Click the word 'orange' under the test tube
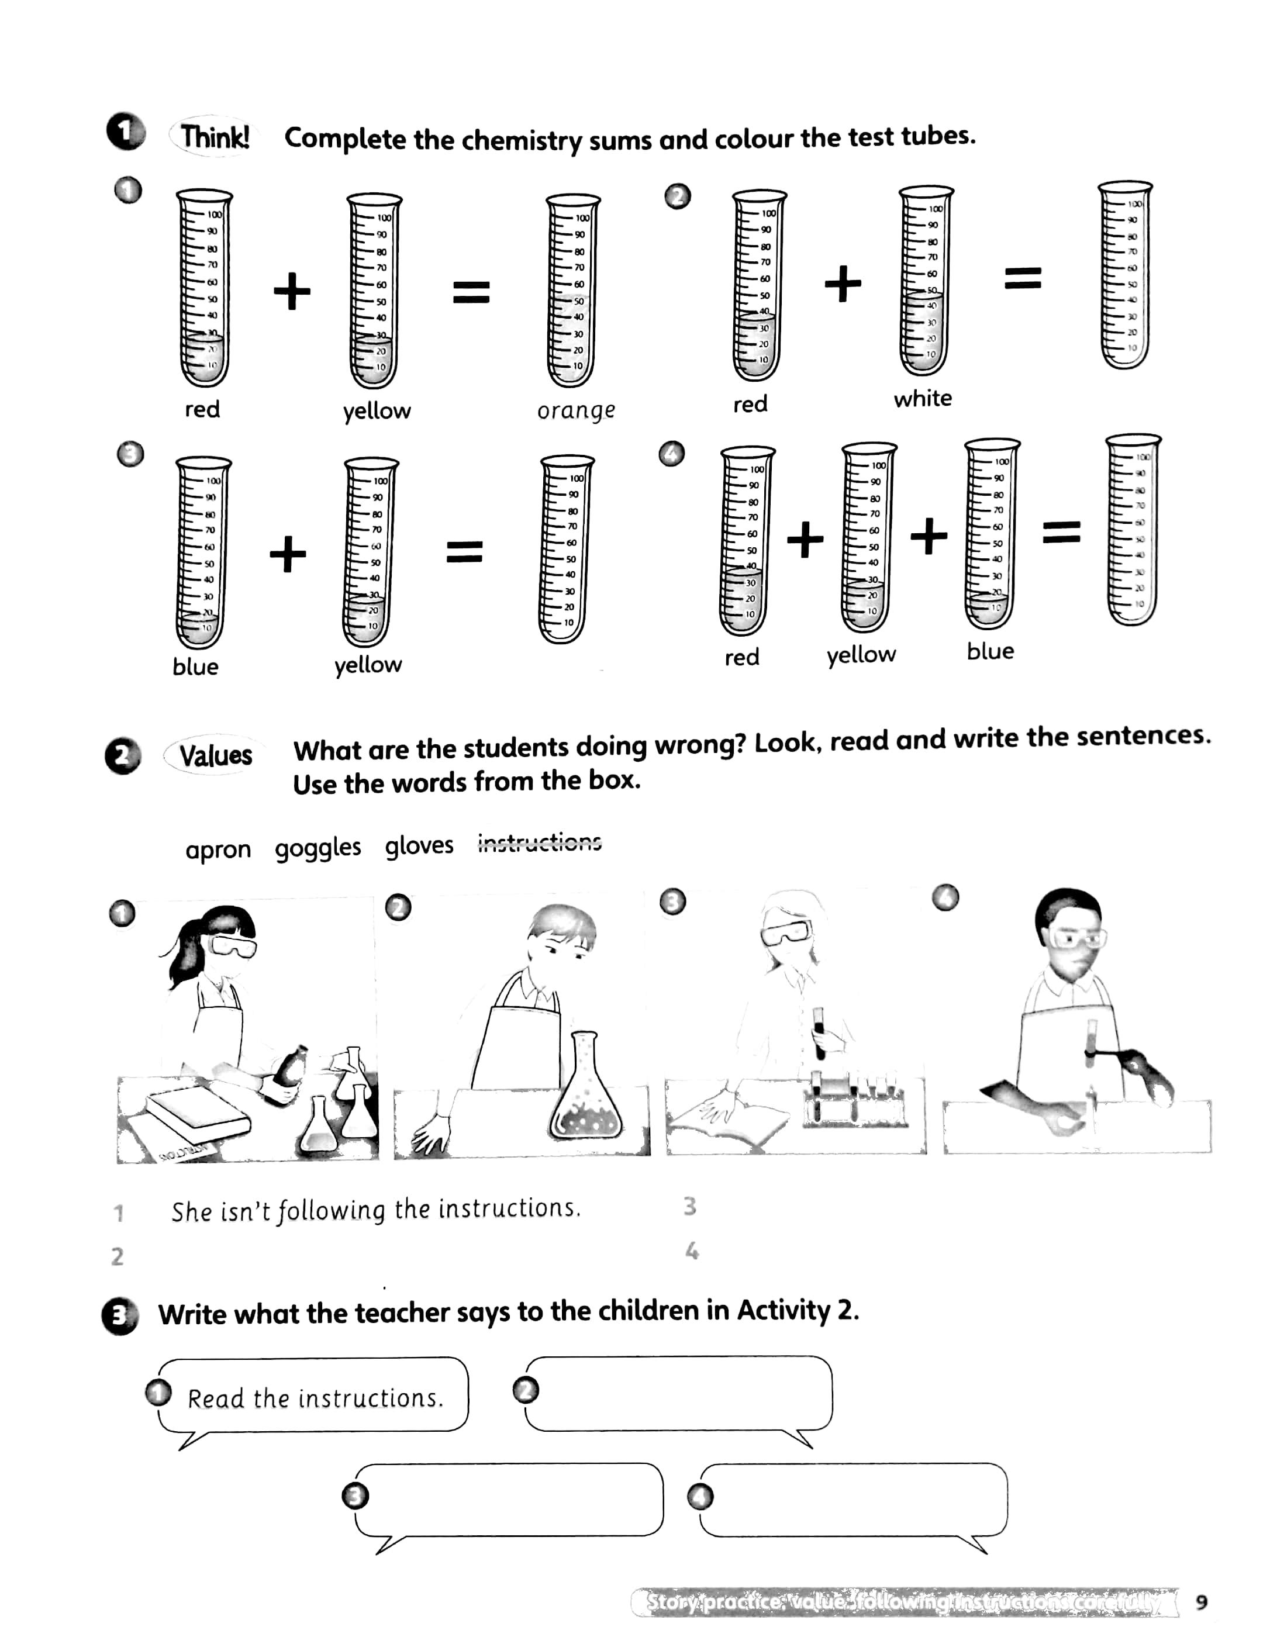[x=576, y=411]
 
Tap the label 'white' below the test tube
[x=922, y=398]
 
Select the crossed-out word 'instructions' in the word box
[x=540, y=842]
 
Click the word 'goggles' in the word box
[x=317, y=848]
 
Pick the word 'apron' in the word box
[x=218, y=849]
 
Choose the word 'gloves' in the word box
[x=419, y=845]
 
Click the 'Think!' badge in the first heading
[x=215, y=138]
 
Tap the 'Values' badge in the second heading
[x=215, y=755]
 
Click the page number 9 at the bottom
[x=1202, y=1602]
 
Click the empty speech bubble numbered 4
[x=854, y=1500]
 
